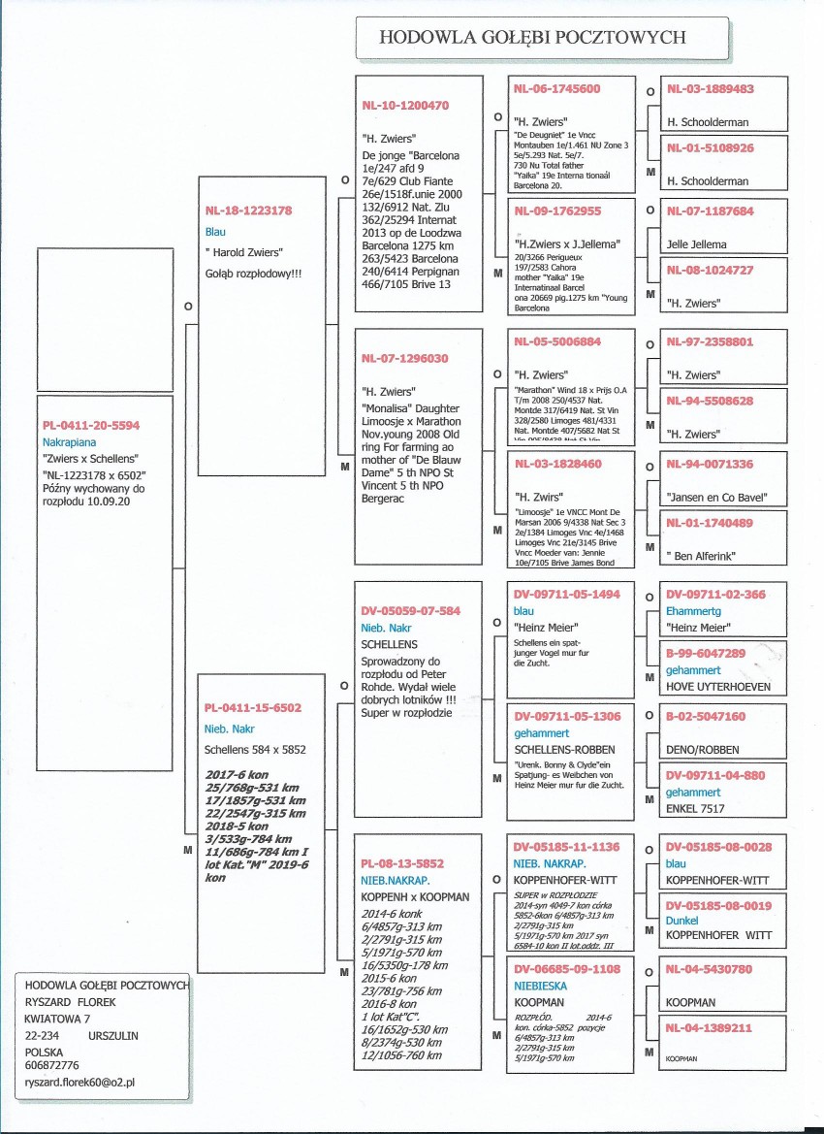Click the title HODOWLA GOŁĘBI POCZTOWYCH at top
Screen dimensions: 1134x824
(x=532, y=37)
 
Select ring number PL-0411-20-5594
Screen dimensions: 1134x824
(x=91, y=425)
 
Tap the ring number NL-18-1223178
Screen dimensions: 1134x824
(x=248, y=210)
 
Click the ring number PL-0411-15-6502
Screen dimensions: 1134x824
(x=252, y=708)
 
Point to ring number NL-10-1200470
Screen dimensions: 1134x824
(x=405, y=105)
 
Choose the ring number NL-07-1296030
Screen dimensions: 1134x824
(x=404, y=358)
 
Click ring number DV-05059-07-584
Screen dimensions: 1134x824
(x=411, y=611)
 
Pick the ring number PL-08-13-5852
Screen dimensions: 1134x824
(x=401, y=862)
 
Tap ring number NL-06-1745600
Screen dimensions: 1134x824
(x=556, y=88)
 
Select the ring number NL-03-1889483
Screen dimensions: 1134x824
(x=711, y=88)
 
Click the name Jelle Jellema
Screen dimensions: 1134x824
(x=696, y=244)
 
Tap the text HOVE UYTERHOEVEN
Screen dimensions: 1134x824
(x=718, y=687)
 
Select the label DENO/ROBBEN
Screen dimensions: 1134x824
(x=703, y=749)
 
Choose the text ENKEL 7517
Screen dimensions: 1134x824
(x=698, y=806)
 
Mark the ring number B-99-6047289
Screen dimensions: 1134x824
(x=705, y=654)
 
